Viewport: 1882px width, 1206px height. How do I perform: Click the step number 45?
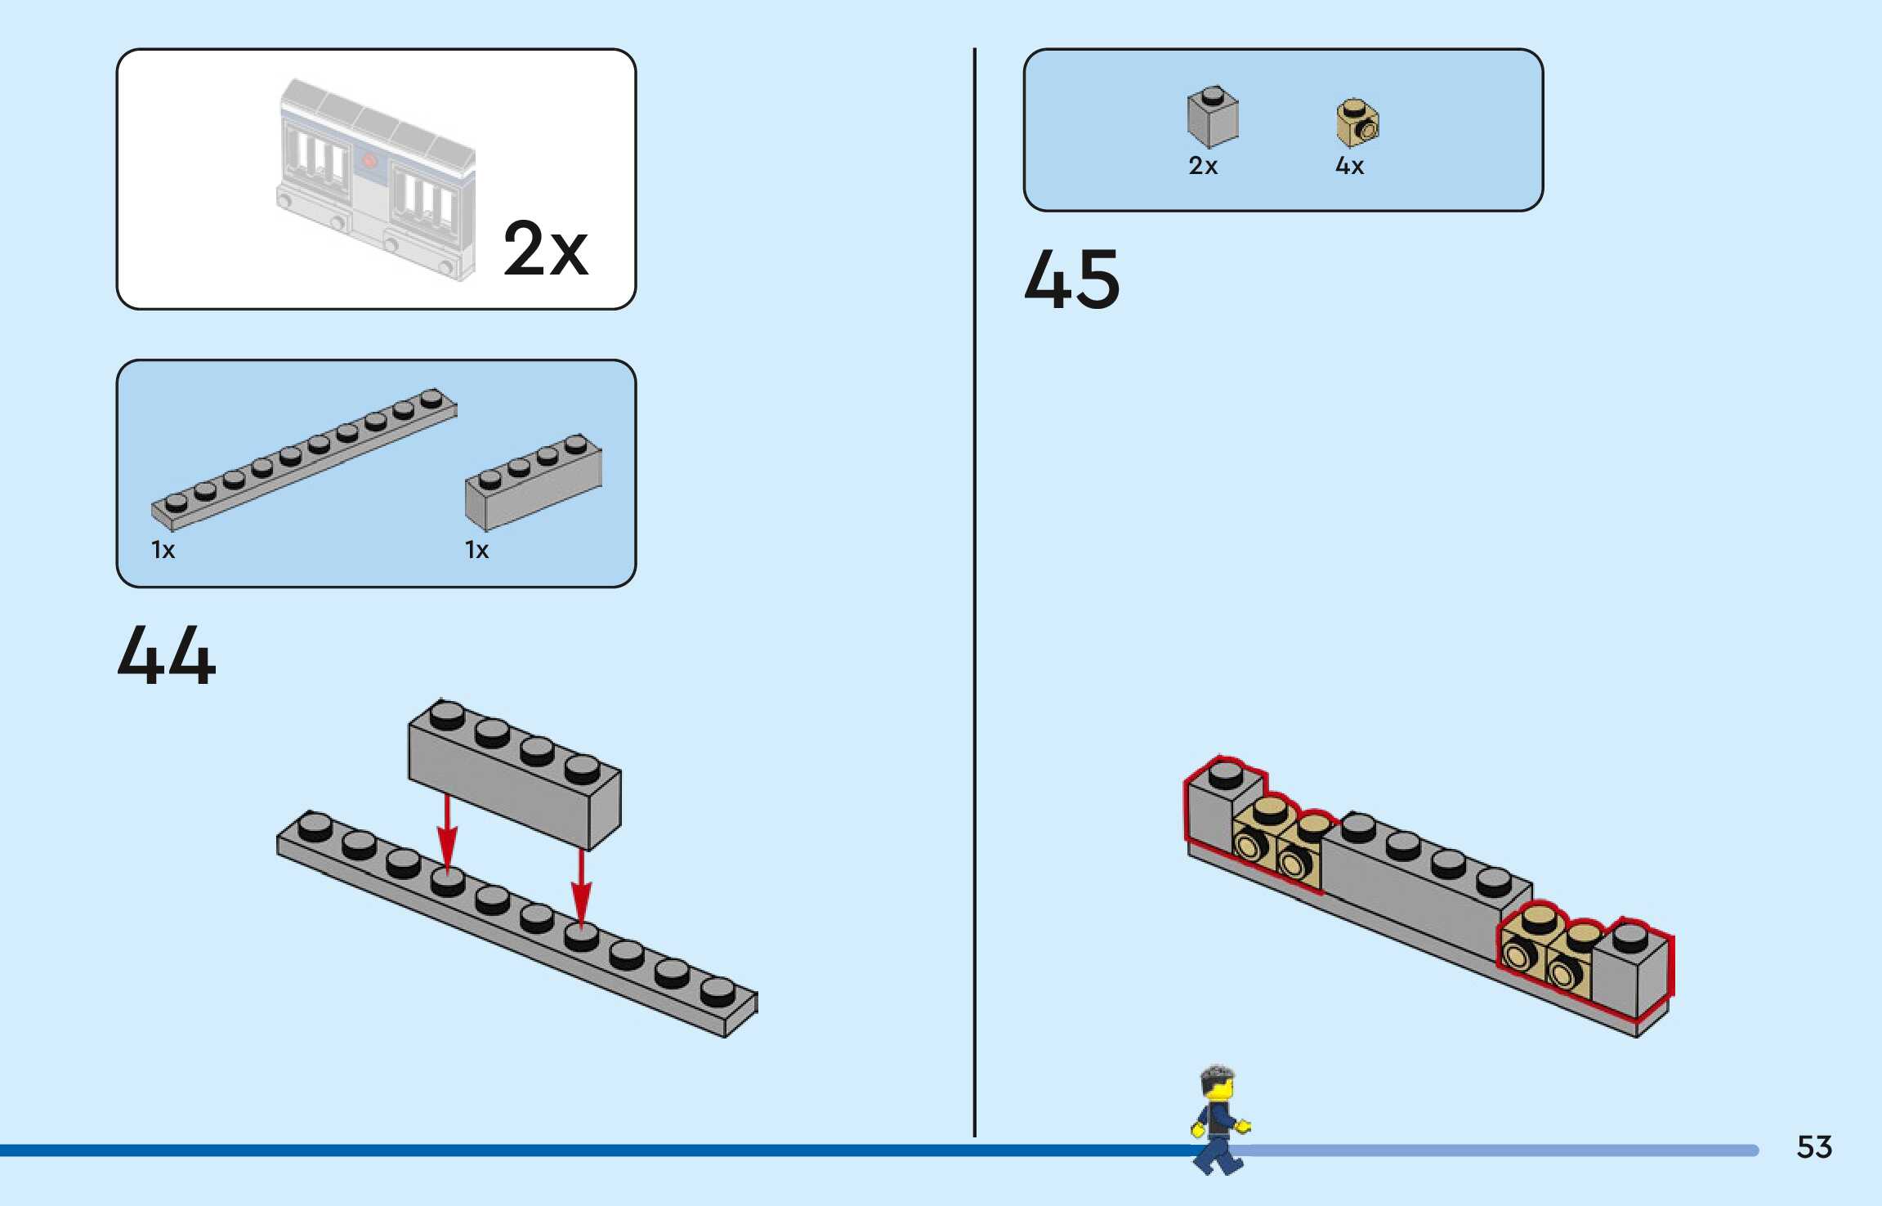(1071, 280)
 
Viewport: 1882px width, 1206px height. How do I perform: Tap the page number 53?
(1813, 1147)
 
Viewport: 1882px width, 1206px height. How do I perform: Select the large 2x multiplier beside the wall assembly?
(545, 248)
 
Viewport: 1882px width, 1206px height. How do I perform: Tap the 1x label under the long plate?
(163, 550)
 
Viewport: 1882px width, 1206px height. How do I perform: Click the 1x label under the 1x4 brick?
(476, 550)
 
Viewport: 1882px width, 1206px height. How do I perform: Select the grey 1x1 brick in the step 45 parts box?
(1213, 118)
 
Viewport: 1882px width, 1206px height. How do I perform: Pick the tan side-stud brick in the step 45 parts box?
(1357, 123)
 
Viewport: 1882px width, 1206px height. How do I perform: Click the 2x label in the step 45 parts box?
(1203, 166)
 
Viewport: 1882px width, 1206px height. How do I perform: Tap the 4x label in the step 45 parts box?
(1349, 166)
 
